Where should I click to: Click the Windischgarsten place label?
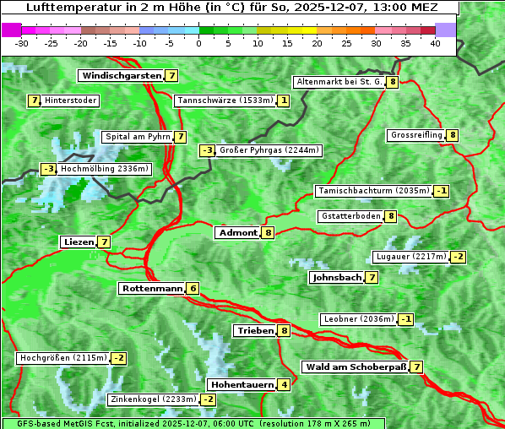pos(122,76)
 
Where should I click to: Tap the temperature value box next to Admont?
pos(269,233)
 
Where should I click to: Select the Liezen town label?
pos(79,242)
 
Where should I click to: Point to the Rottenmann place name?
pos(152,289)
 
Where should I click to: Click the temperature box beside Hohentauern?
pos(284,385)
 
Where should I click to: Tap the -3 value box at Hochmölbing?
pos(48,169)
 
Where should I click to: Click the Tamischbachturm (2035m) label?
pos(373,191)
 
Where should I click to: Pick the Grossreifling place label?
pos(417,135)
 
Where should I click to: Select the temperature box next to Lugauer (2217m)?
pos(458,257)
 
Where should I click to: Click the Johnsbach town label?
pos(337,278)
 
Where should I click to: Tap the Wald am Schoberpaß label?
pos(355,367)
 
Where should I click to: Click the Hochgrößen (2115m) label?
pos(64,358)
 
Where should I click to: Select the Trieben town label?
pos(255,331)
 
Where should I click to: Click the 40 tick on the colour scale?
pos(435,44)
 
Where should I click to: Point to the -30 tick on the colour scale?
pos(22,44)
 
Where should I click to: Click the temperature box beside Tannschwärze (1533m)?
pos(284,101)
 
